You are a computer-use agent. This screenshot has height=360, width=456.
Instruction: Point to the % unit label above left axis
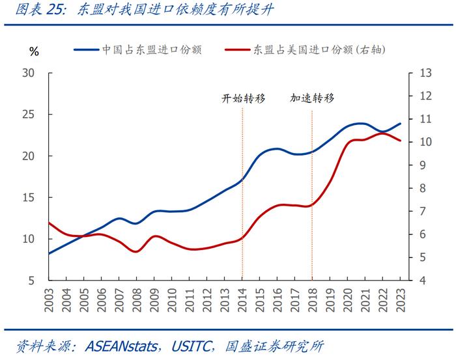coord(35,51)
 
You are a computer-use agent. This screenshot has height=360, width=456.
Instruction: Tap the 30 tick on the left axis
coord(29,72)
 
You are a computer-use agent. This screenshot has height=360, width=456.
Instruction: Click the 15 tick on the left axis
coord(29,197)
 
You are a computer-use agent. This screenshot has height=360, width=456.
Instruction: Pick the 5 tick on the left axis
coord(32,281)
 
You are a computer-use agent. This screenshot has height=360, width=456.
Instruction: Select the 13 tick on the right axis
coord(426,72)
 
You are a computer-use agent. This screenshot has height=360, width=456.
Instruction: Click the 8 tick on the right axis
coord(423,188)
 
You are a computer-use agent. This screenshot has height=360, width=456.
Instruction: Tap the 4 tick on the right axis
coord(423,281)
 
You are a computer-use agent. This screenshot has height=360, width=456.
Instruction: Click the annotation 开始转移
coord(242,98)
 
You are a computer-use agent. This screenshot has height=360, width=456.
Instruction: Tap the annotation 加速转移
coord(312,98)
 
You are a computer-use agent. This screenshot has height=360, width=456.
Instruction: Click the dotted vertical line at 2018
coord(312,195)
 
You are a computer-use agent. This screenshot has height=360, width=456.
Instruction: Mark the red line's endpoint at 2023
coord(400,141)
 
